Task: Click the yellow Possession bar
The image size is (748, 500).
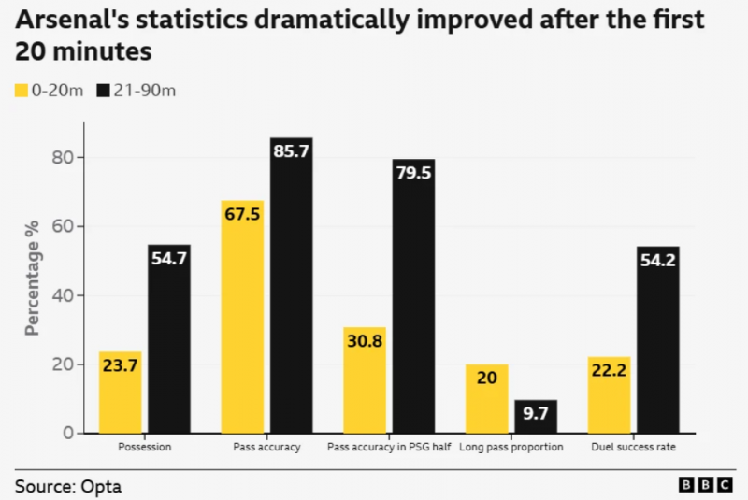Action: (120, 393)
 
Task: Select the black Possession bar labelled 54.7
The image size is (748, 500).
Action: (169, 339)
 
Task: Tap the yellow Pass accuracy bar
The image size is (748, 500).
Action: (243, 317)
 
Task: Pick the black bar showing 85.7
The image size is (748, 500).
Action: (292, 285)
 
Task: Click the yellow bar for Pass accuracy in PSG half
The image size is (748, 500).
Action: (365, 380)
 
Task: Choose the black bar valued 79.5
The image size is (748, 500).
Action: (413, 296)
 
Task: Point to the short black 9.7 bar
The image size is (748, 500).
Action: (536, 417)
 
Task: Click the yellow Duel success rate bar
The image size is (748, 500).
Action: (610, 395)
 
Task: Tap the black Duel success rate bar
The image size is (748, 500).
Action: (658, 340)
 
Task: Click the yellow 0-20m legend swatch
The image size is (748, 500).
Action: (21, 91)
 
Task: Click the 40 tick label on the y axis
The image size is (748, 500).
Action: (62, 295)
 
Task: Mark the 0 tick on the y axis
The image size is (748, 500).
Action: (66, 434)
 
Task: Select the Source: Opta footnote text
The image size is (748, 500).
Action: (68, 486)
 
